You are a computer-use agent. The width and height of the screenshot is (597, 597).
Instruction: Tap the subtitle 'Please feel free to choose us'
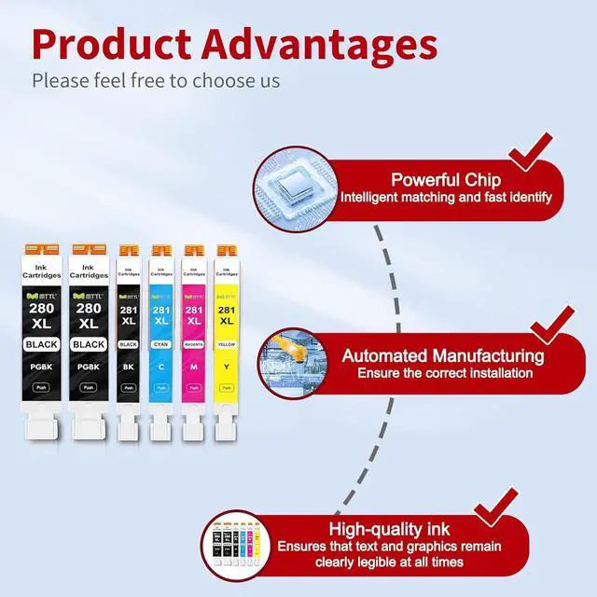pyautogui.click(x=156, y=80)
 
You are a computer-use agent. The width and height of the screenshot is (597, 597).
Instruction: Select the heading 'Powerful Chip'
pyautogui.click(x=446, y=180)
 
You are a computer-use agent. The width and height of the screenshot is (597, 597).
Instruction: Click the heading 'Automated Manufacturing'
pyautogui.click(x=443, y=355)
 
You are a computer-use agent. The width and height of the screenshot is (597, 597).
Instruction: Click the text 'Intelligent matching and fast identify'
pyautogui.click(x=446, y=198)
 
